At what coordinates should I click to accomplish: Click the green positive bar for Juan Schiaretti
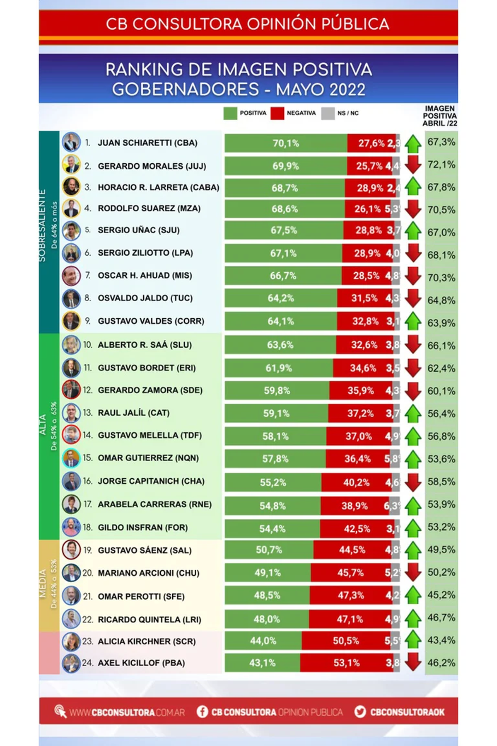point(286,143)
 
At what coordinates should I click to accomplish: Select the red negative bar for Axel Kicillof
point(347,663)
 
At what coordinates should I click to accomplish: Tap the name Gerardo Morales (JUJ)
point(152,166)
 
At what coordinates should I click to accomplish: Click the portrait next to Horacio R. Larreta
point(71,187)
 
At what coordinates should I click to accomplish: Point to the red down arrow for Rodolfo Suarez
point(413,209)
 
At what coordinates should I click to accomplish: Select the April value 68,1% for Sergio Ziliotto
point(441,255)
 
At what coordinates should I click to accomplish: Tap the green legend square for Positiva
point(230,113)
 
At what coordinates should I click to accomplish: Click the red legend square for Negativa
point(277,113)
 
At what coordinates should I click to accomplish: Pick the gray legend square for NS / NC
point(328,113)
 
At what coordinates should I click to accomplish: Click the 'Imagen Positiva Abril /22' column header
point(439,116)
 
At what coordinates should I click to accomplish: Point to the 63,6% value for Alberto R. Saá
point(280,345)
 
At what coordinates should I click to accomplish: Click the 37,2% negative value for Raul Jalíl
point(360,413)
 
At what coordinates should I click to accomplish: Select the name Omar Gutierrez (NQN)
point(148,458)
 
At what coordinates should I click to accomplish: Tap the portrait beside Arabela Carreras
point(71,504)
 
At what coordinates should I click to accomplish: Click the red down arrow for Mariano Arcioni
point(413,572)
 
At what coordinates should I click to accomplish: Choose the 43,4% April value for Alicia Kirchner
point(441,640)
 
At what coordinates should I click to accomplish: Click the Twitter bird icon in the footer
point(360,712)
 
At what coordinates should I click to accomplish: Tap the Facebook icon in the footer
point(202,712)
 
